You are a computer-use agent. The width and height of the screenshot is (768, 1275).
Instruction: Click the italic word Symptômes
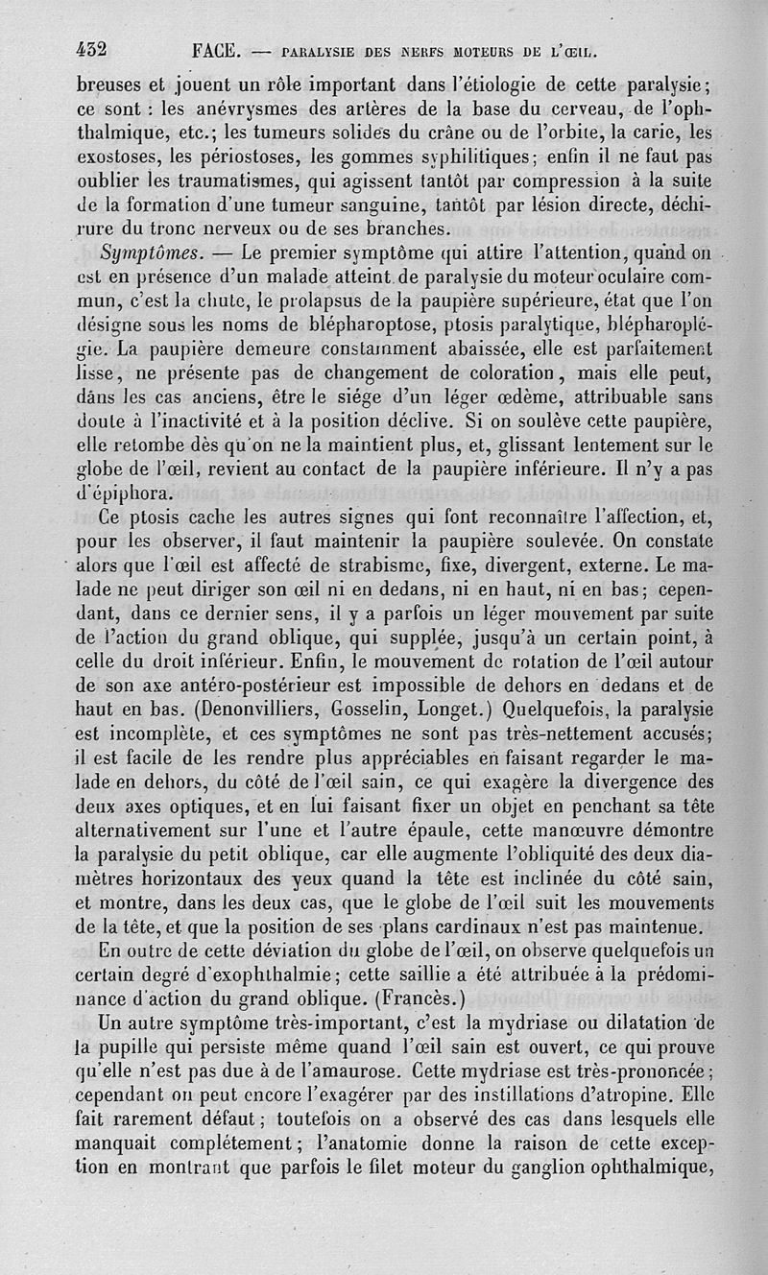(148, 254)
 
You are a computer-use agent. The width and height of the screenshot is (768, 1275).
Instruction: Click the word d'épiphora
(126, 494)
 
